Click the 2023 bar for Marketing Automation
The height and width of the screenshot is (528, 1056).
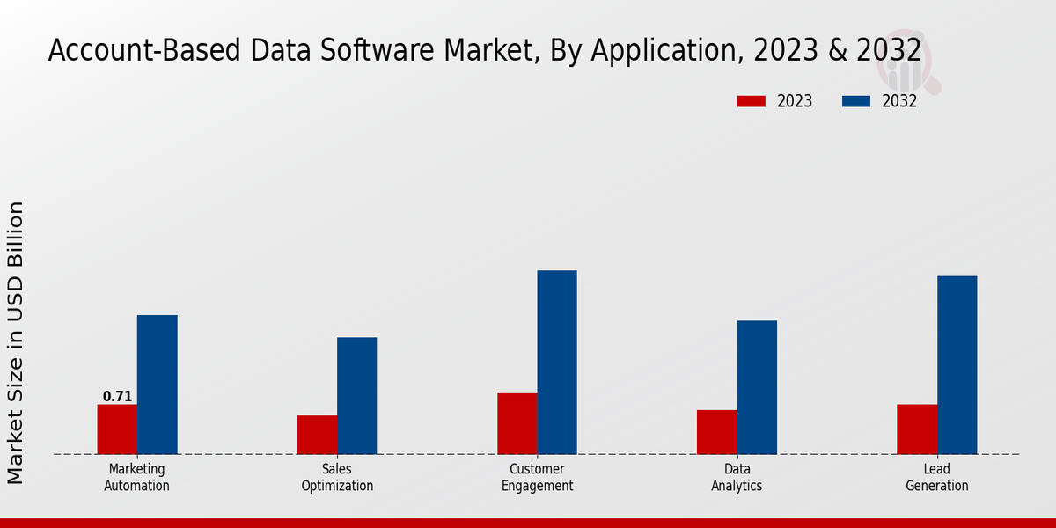click(117, 429)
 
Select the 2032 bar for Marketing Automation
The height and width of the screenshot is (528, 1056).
click(157, 385)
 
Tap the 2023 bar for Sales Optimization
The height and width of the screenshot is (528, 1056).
click(317, 435)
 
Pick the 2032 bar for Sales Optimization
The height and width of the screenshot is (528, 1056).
click(356, 396)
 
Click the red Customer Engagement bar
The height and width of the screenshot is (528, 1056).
click(517, 423)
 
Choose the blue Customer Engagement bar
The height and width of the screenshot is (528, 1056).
click(557, 363)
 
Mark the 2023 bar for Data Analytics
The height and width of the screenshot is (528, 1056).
click(716, 432)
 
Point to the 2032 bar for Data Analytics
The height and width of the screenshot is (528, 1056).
click(757, 387)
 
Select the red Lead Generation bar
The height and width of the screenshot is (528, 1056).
click(917, 429)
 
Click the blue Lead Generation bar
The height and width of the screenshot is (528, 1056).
click(957, 365)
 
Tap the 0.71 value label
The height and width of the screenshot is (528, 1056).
click(117, 397)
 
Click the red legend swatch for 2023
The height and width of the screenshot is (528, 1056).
click(752, 101)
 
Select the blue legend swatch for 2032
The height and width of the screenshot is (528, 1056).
click(856, 101)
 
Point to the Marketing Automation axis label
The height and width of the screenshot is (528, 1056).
click(136, 477)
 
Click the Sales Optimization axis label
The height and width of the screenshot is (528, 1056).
click(337, 477)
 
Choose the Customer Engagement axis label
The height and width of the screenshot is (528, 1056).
click(537, 477)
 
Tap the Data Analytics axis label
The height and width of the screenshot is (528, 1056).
click(737, 477)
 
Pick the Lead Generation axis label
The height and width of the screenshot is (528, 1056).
click(937, 477)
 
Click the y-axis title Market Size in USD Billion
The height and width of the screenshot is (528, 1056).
click(16, 343)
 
